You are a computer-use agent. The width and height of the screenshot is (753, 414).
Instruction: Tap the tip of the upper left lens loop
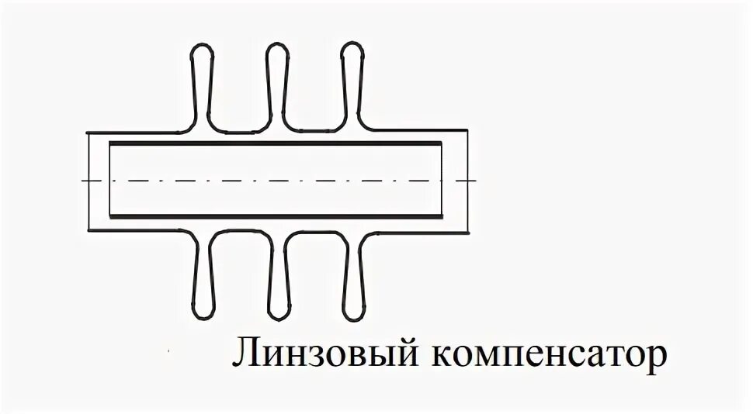pyautogui.click(x=201, y=43)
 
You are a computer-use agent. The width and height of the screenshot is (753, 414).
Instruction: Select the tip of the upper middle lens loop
pyautogui.click(x=277, y=43)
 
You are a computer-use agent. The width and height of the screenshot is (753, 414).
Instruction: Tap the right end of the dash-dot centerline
pyautogui.click(x=475, y=181)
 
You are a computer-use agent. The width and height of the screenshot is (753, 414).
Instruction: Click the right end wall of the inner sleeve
pyautogui.click(x=441, y=181)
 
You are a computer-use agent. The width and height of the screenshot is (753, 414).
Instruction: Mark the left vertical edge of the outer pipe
pyautogui.click(x=87, y=181)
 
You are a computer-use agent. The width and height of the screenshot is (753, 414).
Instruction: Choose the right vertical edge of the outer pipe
pyautogui.click(x=470, y=181)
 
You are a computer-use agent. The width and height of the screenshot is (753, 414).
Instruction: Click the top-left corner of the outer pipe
pyautogui.click(x=87, y=132)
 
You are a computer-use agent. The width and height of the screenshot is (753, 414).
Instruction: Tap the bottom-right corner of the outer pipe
pyautogui.click(x=470, y=230)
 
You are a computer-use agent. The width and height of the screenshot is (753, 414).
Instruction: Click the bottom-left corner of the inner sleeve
pyautogui.click(x=110, y=217)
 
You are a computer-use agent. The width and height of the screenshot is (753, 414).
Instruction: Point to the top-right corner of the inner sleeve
pyautogui.click(x=441, y=144)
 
